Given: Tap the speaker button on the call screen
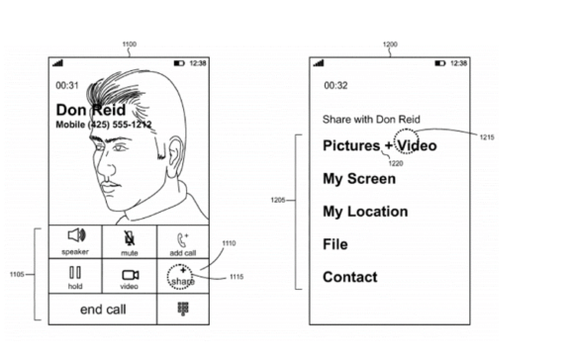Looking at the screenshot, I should coord(75,240).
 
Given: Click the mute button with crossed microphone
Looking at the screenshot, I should coord(130,240).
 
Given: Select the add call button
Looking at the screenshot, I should coord(182,241).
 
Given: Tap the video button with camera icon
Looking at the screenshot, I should coord(130,278).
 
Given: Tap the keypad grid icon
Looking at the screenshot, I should coord(183,309).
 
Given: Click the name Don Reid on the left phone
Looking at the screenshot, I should coord(91,110).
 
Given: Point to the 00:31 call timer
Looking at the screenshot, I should coord(67,85).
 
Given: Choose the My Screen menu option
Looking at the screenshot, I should coord(358,179).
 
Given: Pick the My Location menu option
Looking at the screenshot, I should coord(365,212).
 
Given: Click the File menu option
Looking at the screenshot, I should coord(334,244).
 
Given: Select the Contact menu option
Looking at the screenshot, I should coord(349,277).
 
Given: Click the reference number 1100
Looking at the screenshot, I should coord(129,44).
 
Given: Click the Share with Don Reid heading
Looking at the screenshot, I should coord(371,119).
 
